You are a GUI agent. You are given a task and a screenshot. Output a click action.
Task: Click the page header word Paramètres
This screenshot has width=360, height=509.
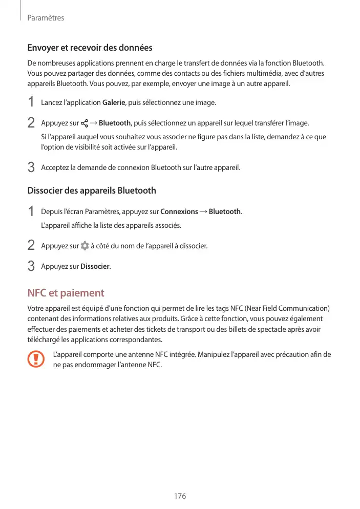click(46, 18)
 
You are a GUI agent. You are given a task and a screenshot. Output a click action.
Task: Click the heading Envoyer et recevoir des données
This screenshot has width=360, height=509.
click(90, 48)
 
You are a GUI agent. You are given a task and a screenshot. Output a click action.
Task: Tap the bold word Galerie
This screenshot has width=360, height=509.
click(114, 103)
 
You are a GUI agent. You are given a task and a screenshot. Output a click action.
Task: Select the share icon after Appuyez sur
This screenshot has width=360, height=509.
click(84, 123)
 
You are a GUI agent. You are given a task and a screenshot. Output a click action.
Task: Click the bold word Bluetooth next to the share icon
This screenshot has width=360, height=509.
click(114, 123)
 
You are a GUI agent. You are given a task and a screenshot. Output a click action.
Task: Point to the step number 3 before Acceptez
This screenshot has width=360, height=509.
click(31, 167)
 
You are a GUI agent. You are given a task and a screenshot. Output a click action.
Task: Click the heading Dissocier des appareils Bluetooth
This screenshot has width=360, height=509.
click(92, 190)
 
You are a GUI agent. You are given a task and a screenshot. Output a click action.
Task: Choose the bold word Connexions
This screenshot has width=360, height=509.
click(179, 211)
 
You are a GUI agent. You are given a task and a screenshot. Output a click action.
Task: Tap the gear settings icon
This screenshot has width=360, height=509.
click(84, 246)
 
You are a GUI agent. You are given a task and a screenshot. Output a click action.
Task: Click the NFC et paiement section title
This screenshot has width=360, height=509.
click(66, 293)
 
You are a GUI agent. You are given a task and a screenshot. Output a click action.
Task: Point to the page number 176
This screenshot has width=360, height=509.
click(180, 496)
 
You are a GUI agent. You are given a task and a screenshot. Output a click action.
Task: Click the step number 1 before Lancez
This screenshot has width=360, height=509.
click(31, 102)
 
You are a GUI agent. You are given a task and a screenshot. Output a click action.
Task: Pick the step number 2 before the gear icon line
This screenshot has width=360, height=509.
click(31, 246)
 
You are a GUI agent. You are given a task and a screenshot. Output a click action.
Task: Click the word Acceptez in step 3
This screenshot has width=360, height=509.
click(55, 167)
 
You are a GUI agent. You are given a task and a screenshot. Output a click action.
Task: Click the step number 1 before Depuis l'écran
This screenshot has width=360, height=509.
click(31, 211)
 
